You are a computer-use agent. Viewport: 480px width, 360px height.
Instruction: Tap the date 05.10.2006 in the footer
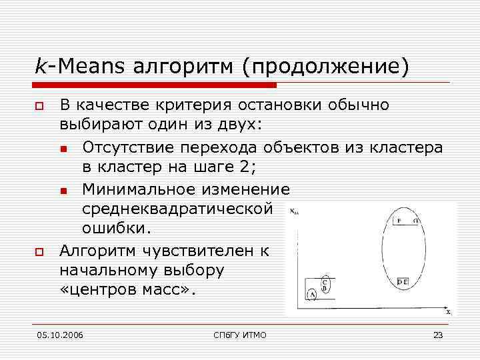60,335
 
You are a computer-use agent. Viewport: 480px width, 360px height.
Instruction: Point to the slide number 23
438,335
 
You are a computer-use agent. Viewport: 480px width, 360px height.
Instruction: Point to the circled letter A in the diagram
312,294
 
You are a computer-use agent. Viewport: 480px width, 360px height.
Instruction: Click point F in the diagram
399,221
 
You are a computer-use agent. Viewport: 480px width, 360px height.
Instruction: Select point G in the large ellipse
415,221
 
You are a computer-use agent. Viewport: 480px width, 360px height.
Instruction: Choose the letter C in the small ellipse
325,281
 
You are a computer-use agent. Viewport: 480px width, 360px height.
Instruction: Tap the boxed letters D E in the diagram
404,282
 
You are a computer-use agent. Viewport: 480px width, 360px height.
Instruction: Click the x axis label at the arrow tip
448,312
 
